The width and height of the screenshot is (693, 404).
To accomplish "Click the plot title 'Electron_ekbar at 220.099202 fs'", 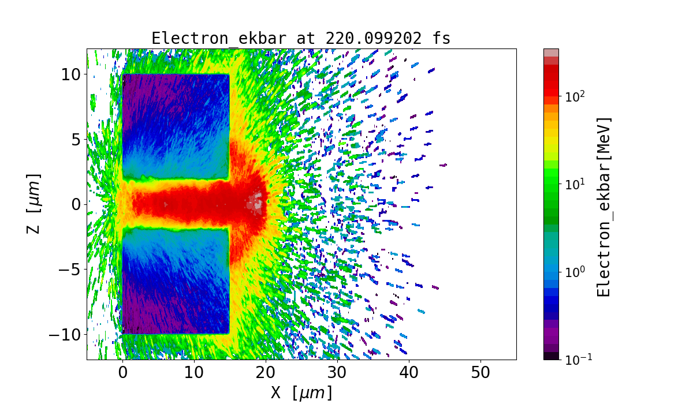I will point(301,38).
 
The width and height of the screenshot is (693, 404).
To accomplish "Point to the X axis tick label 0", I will point(122,373).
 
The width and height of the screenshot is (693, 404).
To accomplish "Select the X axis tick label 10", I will point(194,373).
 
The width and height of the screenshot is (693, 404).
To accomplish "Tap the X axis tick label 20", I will point(266,373).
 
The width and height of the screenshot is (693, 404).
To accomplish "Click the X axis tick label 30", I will point(337,373).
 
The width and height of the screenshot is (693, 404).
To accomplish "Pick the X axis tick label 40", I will point(409,373).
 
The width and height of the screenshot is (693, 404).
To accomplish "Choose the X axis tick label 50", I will point(480,373).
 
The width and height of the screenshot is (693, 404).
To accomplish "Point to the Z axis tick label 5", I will point(74,139).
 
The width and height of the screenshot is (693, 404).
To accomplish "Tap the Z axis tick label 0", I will point(74,204).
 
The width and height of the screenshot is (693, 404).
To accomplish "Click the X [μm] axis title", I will point(301,393).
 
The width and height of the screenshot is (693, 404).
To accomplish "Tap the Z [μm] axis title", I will point(35,203).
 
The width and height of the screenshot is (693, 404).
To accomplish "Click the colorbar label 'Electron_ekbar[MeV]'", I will point(603,207).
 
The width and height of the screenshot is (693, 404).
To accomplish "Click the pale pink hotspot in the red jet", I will point(255,203).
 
